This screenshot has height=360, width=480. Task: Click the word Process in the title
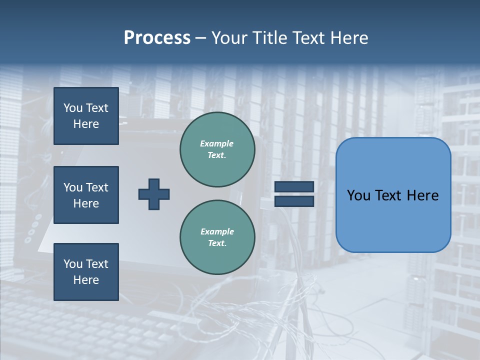[157, 38]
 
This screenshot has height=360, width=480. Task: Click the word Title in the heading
[269, 38]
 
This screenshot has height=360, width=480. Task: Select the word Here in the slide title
[348, 38]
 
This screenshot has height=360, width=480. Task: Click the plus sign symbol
[154, 194]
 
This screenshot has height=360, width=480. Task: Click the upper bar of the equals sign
[294, 186]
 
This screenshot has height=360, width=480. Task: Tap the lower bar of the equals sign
[294, 201]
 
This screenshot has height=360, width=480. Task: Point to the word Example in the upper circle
[216, 143]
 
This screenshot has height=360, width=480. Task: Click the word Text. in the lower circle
[217, 243]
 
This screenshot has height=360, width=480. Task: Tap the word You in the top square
[73, 108]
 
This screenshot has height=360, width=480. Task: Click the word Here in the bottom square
[86, 280]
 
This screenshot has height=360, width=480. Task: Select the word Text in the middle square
[96, 187]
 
